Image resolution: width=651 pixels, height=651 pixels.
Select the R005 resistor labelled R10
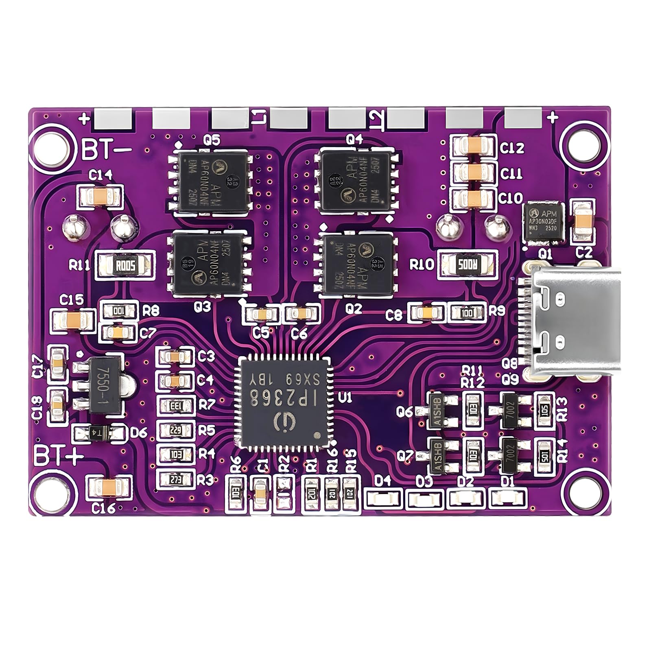pyautogui.click(x=467, y=265)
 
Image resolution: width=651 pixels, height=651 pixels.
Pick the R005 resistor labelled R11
pyautogui.click(x=125, y=266)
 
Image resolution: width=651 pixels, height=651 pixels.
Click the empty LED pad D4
pyautogui.click(x=382, y=498)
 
